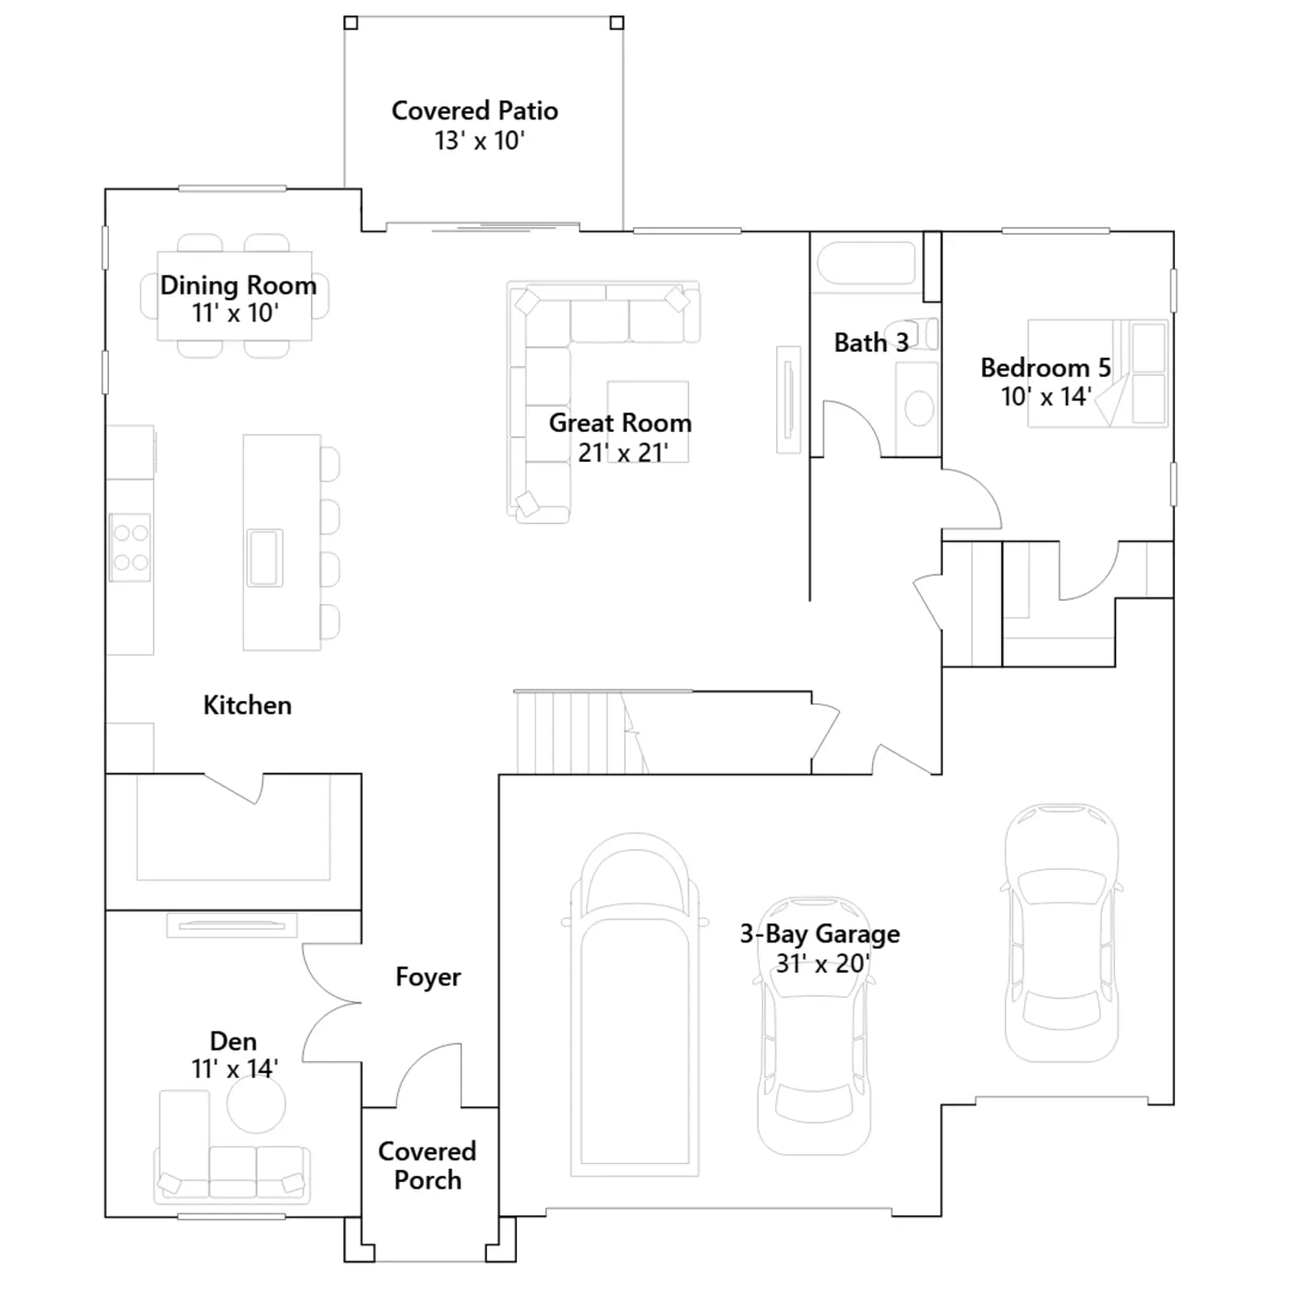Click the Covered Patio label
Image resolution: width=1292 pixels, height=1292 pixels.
point(475,111)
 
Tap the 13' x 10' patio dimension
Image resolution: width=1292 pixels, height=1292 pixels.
point(480,141)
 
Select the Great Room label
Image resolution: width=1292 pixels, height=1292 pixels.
point(620,422)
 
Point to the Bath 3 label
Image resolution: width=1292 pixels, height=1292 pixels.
point(871,342)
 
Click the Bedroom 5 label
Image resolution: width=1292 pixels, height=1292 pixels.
point(1046,367)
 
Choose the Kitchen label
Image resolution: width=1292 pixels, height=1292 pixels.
point(247,705)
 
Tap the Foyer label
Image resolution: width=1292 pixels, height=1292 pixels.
point(428,977)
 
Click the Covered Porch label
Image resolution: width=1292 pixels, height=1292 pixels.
point(427,1165)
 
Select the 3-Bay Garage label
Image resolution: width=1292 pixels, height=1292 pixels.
point(820,933)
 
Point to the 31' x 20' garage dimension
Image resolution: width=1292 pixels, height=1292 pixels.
point(823,963)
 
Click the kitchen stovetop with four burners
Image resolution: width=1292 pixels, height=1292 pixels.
point(130,547)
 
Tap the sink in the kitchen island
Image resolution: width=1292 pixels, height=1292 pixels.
point(265,557)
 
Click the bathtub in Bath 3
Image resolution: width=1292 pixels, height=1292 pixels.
point(866,262)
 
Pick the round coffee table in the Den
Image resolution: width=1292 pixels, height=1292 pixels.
point(256,1104)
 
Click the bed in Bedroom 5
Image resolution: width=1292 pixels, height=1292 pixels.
point(1097,373)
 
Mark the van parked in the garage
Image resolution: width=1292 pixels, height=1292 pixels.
point(635,1005)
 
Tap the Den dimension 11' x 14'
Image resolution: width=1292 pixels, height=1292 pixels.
point(234,1068)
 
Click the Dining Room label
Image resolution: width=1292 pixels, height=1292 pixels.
point(238,285)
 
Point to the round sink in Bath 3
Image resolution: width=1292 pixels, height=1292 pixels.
point(919,409)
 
